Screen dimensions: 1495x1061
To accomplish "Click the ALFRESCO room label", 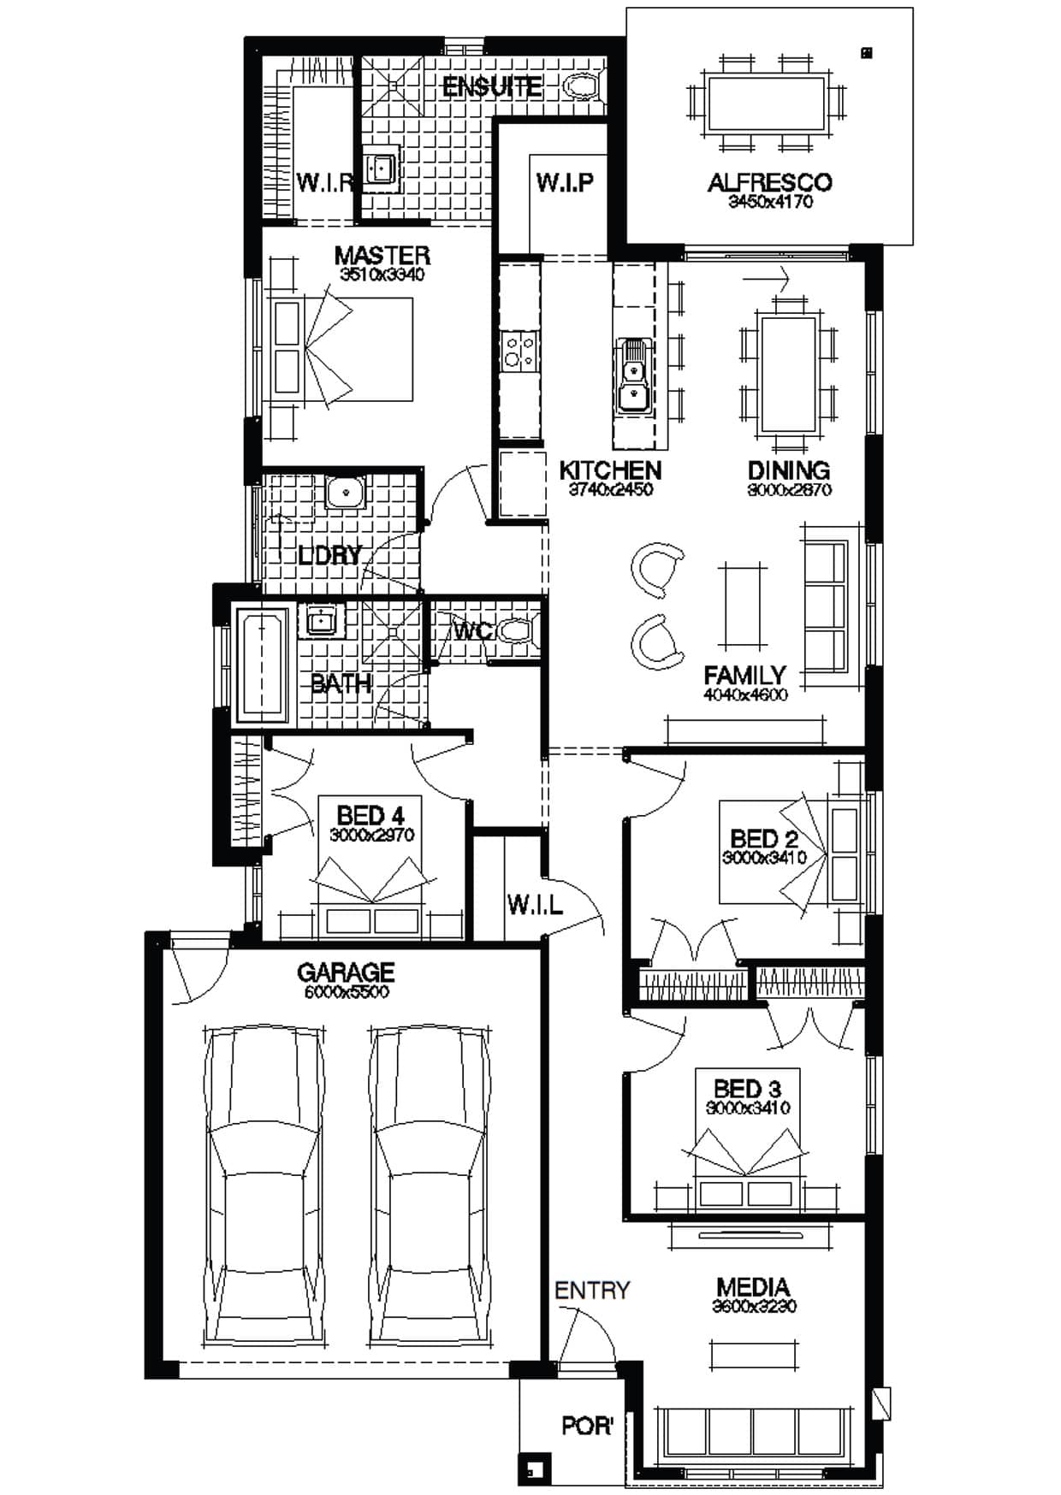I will click(x=768, y=182).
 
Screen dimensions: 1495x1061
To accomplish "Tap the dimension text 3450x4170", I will click(x=770, y=203).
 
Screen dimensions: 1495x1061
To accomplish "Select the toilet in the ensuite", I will click(x=584, y=86).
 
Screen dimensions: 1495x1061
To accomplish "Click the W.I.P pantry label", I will click(x=565, y=182).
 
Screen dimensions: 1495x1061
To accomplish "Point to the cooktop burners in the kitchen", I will click(x=520, y=351).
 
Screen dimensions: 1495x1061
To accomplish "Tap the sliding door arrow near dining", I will click(x=767, y=278).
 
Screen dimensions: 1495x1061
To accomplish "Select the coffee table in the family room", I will click(x=742, y=606).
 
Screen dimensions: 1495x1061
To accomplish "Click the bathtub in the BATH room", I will click(x=262, y=663).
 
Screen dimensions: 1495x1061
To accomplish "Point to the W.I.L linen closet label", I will click(x=535, y=905).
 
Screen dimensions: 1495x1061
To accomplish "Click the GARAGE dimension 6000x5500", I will click(x=346, y=992).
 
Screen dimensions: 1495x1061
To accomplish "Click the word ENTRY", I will click(x=592, y=1290).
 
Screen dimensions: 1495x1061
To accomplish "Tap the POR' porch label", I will click(x=587, y=1426).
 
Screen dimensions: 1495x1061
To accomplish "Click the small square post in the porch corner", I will click(x=533, y=1470).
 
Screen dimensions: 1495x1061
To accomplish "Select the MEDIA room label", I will click(x=753, y=1286).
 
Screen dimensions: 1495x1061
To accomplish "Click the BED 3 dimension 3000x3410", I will click(x=748, y=1108).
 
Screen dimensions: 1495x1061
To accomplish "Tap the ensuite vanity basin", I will click(x=380, y=169).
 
